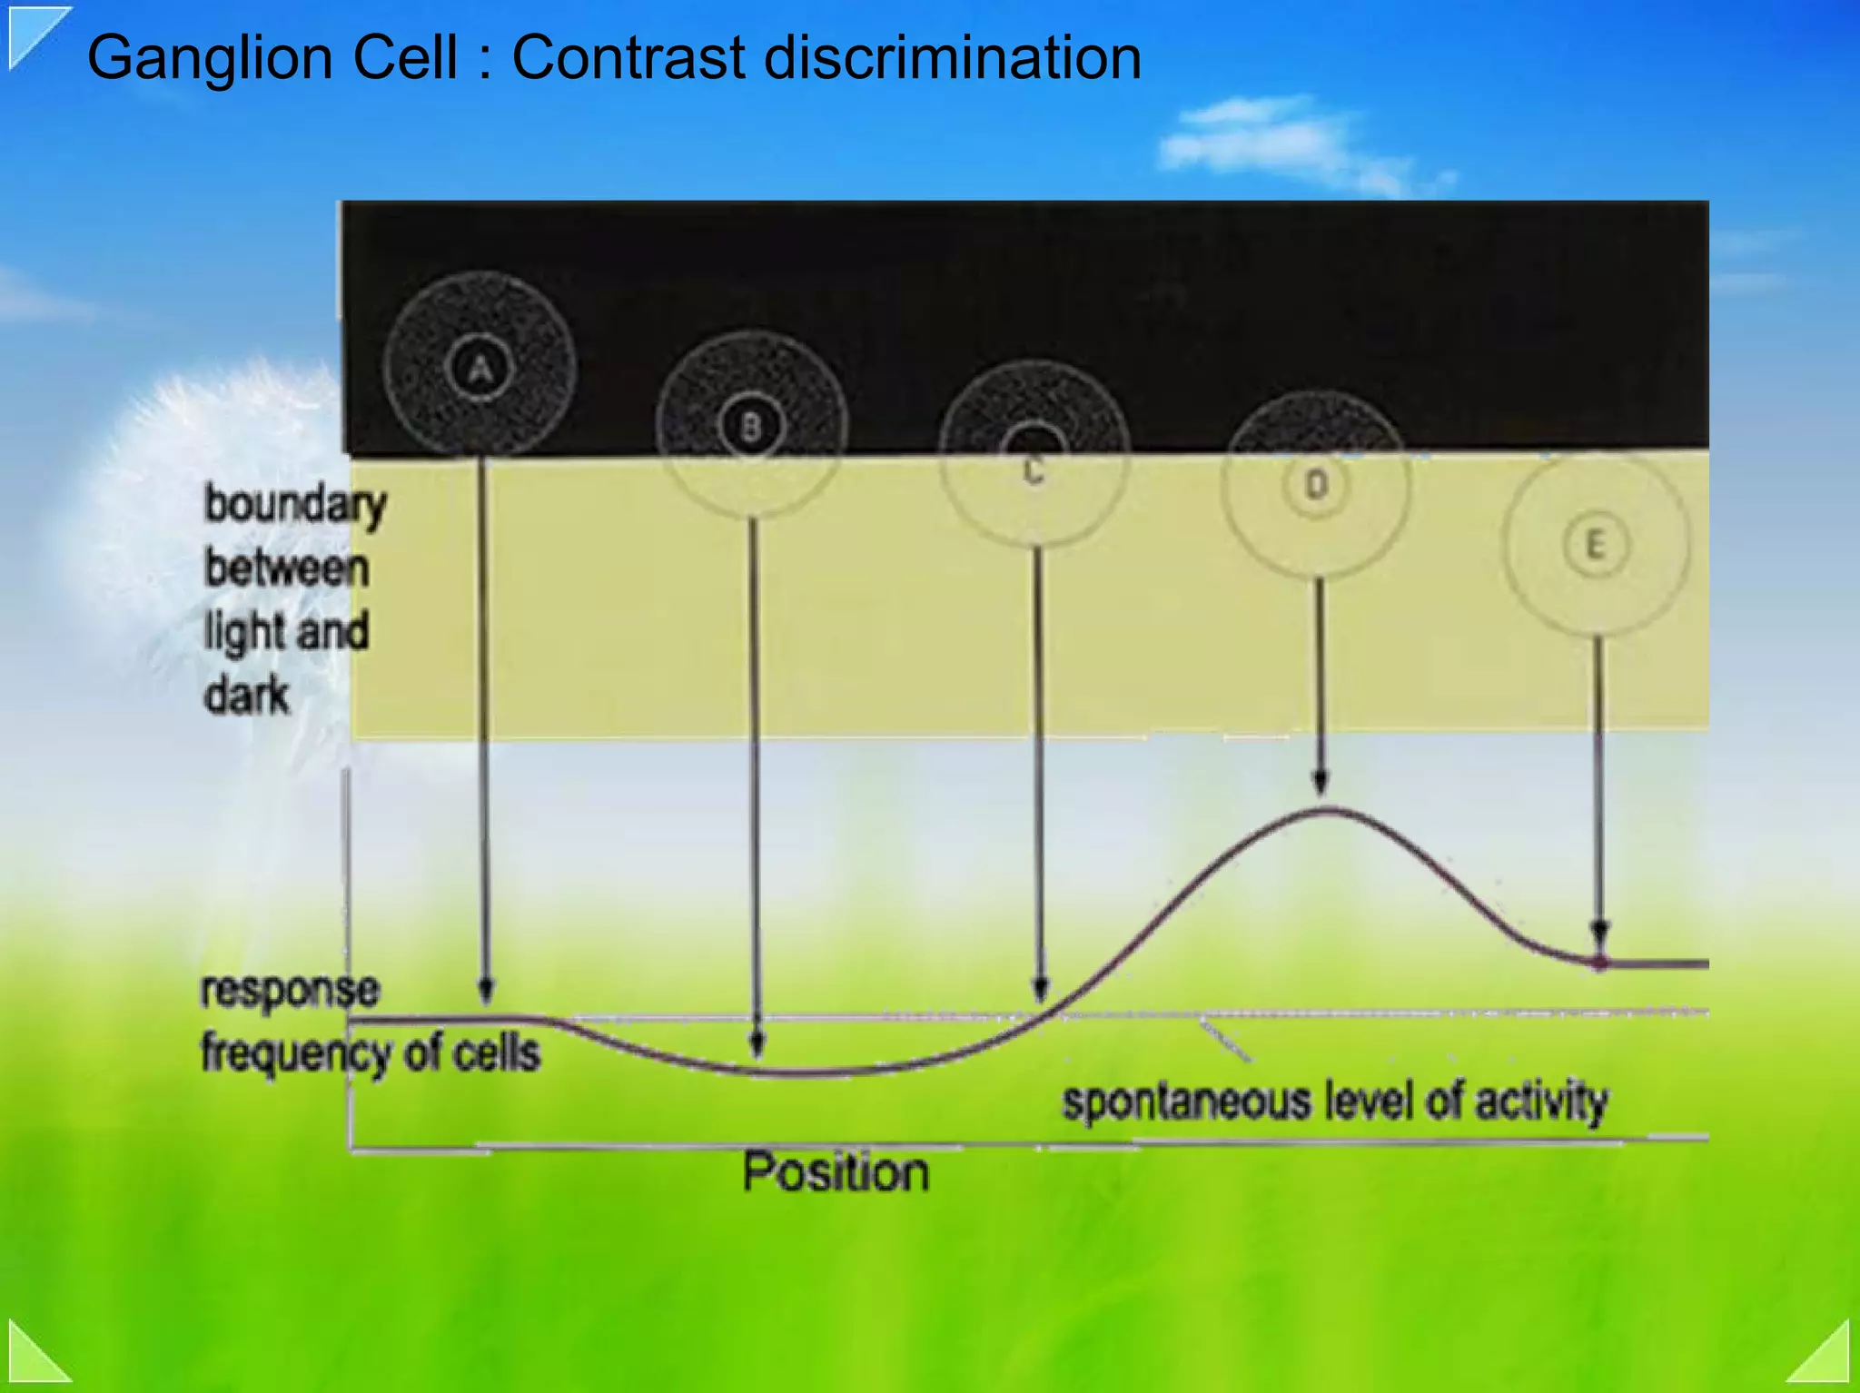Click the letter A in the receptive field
click(480, 368)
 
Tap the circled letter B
click(751, 426)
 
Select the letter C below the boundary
click(1034, 470)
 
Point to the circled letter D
click(1316, 485)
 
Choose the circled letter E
click(1595, 545)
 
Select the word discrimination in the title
click(953, 58)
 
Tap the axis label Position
click(836, 1171)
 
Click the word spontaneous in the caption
click(1187, 1102)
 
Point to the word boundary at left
click(295, 505)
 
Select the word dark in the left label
click(246, 696)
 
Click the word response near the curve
click(290, 989)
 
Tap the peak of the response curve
click(1324, 809)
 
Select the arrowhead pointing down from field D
click(1321, 781)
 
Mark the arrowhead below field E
click(1599, 934)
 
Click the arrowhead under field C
click(1041, 988)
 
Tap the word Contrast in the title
click(628, 58)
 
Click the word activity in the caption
click(1540, 1102)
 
